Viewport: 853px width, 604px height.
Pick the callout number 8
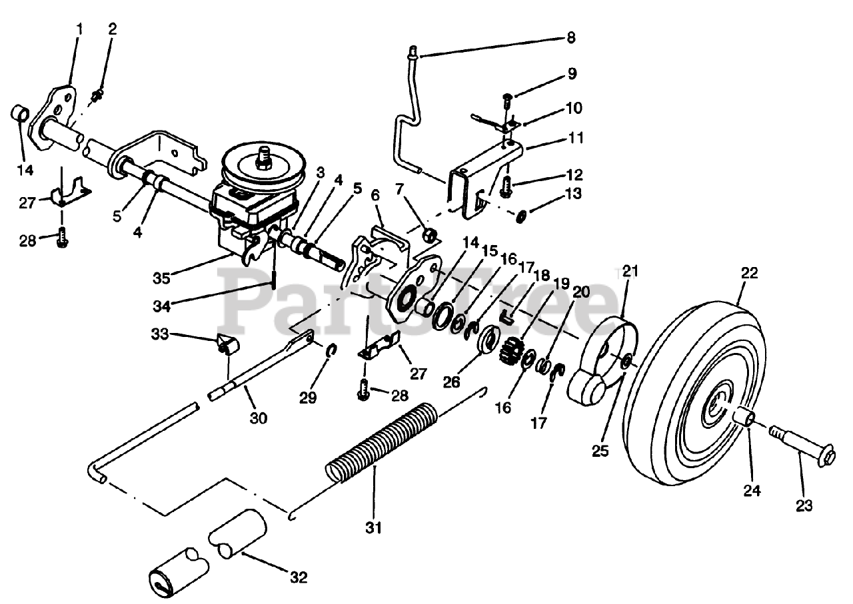tap(570, 37)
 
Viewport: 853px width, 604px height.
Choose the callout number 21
tap(630, 271)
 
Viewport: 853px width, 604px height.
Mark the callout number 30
tap(259, 418)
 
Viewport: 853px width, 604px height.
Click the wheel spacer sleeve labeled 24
tap(745, 420)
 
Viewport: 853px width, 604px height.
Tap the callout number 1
tap(79, 29)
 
